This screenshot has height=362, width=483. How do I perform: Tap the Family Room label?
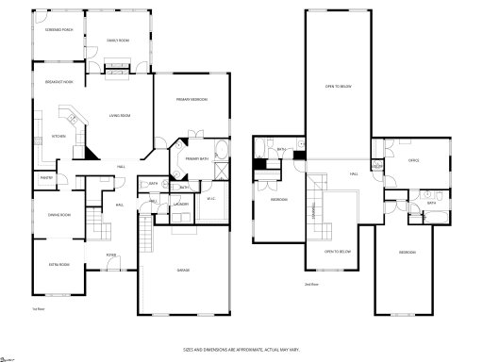tap(117, 41)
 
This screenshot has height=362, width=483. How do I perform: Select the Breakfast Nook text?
tap(59, 82)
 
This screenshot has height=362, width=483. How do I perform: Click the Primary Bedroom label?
tap(192, 100)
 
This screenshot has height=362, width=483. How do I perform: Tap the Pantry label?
tap(45, 176)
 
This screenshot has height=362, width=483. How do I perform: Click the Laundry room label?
tap(182, 204)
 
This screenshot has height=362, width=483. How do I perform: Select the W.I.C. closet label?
tap(211, 197)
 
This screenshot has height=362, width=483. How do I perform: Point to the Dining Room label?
tap(59, 215)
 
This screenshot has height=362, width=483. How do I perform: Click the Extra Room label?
tap(59, 265)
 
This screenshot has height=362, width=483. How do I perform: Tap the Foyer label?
tap(111, 255)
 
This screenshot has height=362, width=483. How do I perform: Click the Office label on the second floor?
tap(412, 160)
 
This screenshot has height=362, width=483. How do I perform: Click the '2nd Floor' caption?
tap(310, 284)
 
